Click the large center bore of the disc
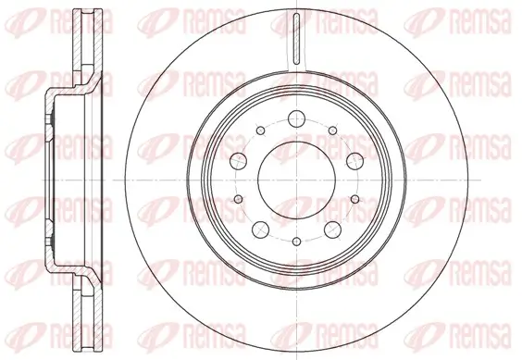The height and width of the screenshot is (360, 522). pos(296,180)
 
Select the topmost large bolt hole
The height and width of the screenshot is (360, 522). pos(296,118)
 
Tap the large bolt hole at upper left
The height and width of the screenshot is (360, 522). pos(239,161)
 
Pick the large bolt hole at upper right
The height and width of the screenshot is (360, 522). pos(354,161)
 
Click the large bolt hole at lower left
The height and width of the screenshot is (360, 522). pos(261,230)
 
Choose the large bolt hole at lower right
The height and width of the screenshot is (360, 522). pos(332,230)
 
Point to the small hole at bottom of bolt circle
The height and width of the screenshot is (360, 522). pos(296,242)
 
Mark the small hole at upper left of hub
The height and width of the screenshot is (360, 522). pos(261,130)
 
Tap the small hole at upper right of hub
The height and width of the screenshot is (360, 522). pos(332,130)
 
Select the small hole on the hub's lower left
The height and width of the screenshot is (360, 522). pos(239,199)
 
